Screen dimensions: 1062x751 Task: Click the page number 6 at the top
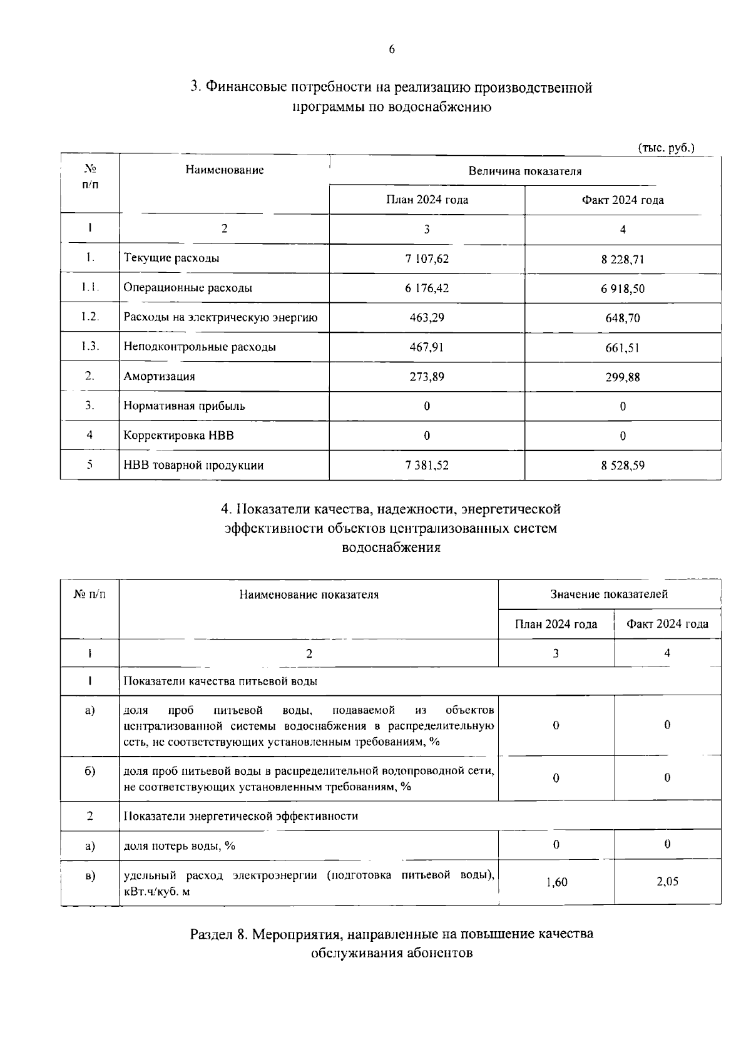point(392,50)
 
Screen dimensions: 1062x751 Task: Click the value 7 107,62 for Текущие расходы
point(427,258)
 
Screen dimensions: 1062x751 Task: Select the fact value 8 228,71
point(622,259)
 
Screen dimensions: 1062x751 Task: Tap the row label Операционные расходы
point(188,288)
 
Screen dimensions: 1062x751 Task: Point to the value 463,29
point(427,317)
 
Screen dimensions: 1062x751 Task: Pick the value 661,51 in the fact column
point(622,348)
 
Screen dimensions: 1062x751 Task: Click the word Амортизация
point(159,377)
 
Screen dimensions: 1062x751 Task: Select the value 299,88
point(622,377)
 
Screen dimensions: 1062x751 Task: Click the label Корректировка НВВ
point(178,436)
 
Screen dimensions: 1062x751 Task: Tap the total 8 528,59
point(622,466)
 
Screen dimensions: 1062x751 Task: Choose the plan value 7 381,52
point(427,466)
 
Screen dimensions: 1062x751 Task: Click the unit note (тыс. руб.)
point(666,148)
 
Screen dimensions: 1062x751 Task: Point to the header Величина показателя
point(524,171)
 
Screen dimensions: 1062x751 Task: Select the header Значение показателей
point(608,594)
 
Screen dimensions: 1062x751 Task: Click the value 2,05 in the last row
point(667,881)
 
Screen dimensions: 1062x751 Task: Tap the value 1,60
point(556,882)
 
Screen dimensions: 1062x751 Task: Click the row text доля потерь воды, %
point(179,846)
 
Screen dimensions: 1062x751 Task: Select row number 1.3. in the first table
point(89,346)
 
